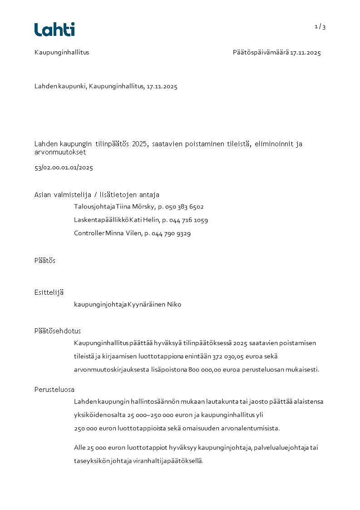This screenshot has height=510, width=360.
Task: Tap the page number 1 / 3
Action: pyautogui.click(x=320, y=27)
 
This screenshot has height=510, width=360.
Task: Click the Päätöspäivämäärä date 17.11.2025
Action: pyautogui.click(x=306, y=53)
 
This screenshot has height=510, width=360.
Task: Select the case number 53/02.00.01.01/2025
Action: pyautogui.click(x=64, y=168)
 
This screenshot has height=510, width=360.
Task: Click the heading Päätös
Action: pyautogui.click(x=45, y=261)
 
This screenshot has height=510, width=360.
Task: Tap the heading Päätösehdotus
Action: pyautogui.click(x=58, y=331)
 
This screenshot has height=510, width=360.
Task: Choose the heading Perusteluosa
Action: pyautogui.click(x=54, y=390)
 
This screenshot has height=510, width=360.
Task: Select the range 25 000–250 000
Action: pyautogui.click(x=150, y=415)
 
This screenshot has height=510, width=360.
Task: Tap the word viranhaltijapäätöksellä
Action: pyautogui.click(x=168, y=461)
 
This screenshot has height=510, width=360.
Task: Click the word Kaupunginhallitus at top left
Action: pyautogui.click(x=62, y=53)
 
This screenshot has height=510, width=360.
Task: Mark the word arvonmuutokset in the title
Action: pyautogui.click(x=60, y=153)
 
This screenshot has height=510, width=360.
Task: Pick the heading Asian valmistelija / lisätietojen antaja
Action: pyautogui.click(x=97, y=195)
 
